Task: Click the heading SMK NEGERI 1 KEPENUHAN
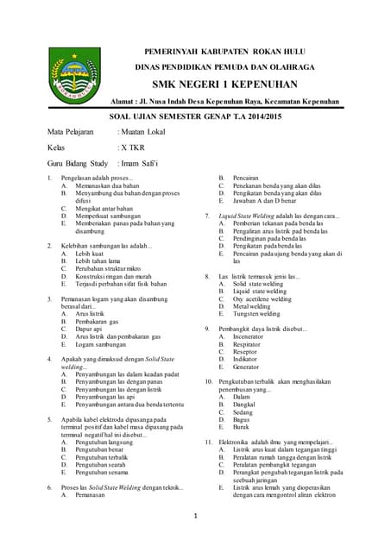point(224,85)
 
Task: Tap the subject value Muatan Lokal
point(142,132)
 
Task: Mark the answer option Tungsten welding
point(257,314)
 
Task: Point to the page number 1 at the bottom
point(196,516)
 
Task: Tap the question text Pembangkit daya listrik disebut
point(263,329)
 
